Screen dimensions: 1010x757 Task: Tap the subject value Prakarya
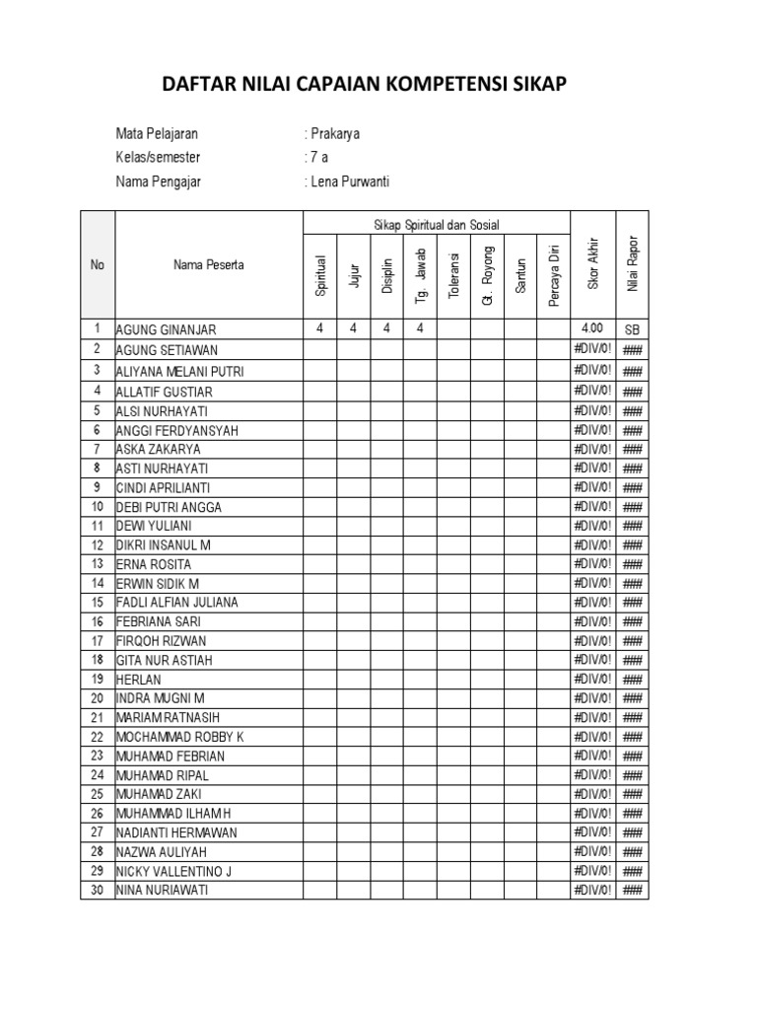[x=335, y=134]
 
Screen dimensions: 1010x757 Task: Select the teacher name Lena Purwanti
[x=351, y=181]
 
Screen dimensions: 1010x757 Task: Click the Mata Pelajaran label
[x=163, y=134]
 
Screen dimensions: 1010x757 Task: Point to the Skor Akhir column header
[x=592, y=263]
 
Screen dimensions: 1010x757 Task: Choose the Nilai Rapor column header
[x=633, y=263]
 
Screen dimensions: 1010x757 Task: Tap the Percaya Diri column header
[x=554, y=273]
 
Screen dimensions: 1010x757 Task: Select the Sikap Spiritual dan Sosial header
[x=437, y=225]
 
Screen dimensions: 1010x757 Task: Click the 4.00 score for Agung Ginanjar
[x=592, y=329]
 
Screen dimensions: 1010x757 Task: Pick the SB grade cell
[x=632, y=330]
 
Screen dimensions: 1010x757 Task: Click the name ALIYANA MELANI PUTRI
[x=179, y=372]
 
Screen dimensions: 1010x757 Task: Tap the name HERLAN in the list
[x=138, y=680]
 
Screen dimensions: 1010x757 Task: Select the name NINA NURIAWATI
[x=163, y=891]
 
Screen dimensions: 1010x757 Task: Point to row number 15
[x=98, y=603]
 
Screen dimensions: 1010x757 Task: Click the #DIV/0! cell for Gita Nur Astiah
[x=592, y=660]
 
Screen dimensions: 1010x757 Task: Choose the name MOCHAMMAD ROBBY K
[x=180, y=737]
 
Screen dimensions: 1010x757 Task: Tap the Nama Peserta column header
[x=209, y=264]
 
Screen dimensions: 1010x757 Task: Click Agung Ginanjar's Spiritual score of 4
[x=320, y=329]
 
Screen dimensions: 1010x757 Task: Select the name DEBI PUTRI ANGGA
[x=170, y=507]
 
